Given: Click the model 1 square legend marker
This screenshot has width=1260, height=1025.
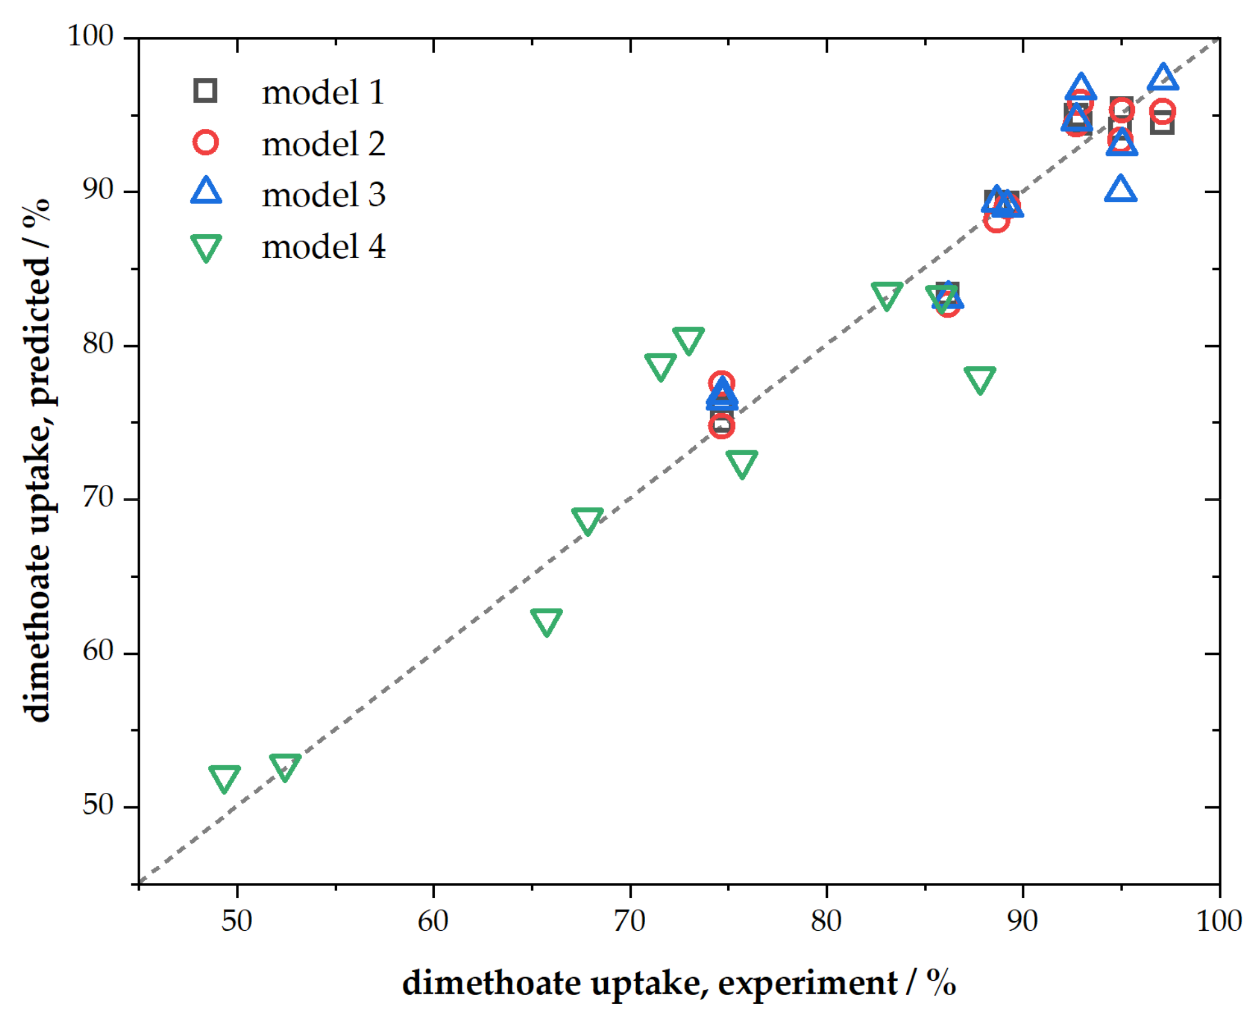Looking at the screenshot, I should click(x=205, y=91).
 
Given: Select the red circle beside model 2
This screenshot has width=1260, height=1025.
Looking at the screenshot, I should click(x=205, y=142).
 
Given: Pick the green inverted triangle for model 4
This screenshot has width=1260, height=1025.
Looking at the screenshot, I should click(x=206, y=247).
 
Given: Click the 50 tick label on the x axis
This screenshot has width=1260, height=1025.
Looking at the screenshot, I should click(x=237, y=921).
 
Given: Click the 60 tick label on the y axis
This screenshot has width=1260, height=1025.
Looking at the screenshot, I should click(x=97, y=651).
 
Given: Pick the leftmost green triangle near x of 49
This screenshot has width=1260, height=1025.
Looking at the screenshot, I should click(x=224, y=777).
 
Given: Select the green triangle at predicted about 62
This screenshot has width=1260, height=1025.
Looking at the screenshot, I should click(x=546, y=621).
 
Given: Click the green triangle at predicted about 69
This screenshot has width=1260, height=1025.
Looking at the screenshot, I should click(x=587, y=520).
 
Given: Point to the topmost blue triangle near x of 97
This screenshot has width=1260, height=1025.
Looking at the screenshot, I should click(x=1163, y=78).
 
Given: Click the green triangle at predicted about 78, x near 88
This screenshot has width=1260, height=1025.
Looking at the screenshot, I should click(x=979, y=379).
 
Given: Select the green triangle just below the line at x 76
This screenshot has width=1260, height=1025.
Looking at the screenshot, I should click(x=742, y=463).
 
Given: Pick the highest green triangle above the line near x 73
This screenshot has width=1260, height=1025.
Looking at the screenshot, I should click(x=688, y=340).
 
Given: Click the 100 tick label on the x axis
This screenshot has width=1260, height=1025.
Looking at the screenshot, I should click(x=1218, y=921).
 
